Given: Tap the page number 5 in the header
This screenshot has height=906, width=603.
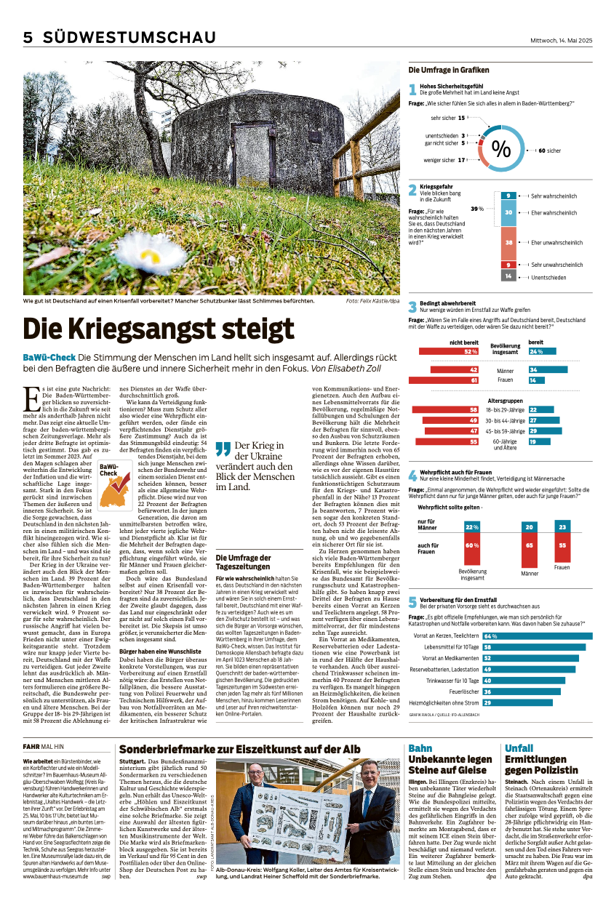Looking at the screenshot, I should [x=28, y=38].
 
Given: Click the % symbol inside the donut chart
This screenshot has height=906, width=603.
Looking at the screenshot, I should [x=501, y=150].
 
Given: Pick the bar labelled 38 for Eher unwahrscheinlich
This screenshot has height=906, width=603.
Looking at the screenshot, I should [x=508, y=242].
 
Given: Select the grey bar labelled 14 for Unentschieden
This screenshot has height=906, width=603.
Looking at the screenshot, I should [x=508, y=276].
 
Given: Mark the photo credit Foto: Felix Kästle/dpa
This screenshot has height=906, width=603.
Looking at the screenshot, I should [x=372, y=300].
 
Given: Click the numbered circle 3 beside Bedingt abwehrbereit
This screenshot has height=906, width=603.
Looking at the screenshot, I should [x=412, y=307].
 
